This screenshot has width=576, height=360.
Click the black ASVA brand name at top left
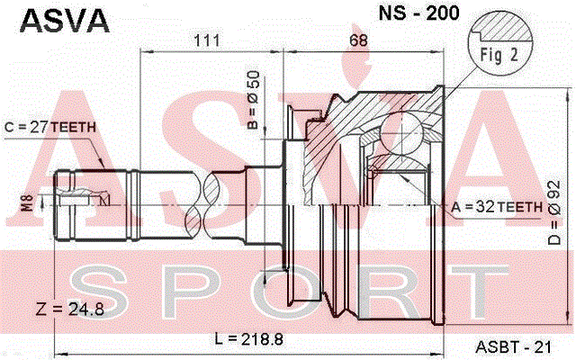click(x=65, y=21)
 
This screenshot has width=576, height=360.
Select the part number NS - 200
click(x=418, y=13)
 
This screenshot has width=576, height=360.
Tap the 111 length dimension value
click(x=206, y=40)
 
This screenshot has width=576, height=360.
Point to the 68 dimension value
click(x=358, y=40)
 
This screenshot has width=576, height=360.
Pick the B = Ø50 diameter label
click(x=254, y=100)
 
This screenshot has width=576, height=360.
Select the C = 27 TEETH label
click(x=50, y=127)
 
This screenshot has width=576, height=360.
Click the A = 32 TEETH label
click(x=497, y=207)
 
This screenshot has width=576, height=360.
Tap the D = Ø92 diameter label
click(x=554, y=212)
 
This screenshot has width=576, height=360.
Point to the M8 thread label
click(x=28, y=202)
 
